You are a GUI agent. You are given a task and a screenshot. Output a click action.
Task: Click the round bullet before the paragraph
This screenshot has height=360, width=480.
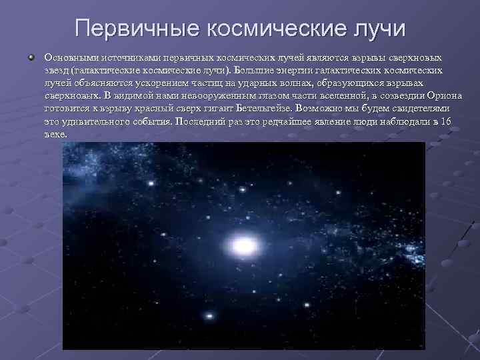31,57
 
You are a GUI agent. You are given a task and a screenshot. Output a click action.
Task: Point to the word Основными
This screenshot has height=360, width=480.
69,58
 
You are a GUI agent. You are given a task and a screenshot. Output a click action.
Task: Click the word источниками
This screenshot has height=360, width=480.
124,58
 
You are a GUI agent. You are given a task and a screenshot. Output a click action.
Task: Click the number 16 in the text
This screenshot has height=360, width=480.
446,121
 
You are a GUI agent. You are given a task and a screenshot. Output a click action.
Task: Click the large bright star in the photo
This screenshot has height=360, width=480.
245,246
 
